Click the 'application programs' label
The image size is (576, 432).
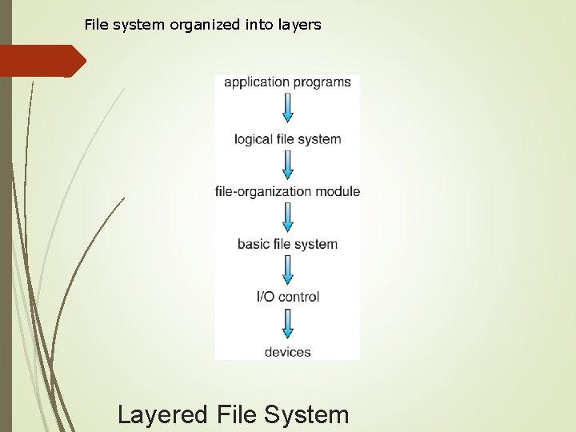[287, 82]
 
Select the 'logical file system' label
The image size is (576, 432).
[287, 139]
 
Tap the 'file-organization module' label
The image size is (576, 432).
[287, 192]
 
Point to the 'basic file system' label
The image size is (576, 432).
[287, 244]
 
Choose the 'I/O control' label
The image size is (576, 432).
[287, 297]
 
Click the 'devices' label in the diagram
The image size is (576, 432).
[287, 351]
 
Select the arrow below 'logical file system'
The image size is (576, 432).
[287, 165]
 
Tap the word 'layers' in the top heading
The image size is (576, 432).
[300, 25]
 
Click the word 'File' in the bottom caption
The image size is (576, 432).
[236, 415]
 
